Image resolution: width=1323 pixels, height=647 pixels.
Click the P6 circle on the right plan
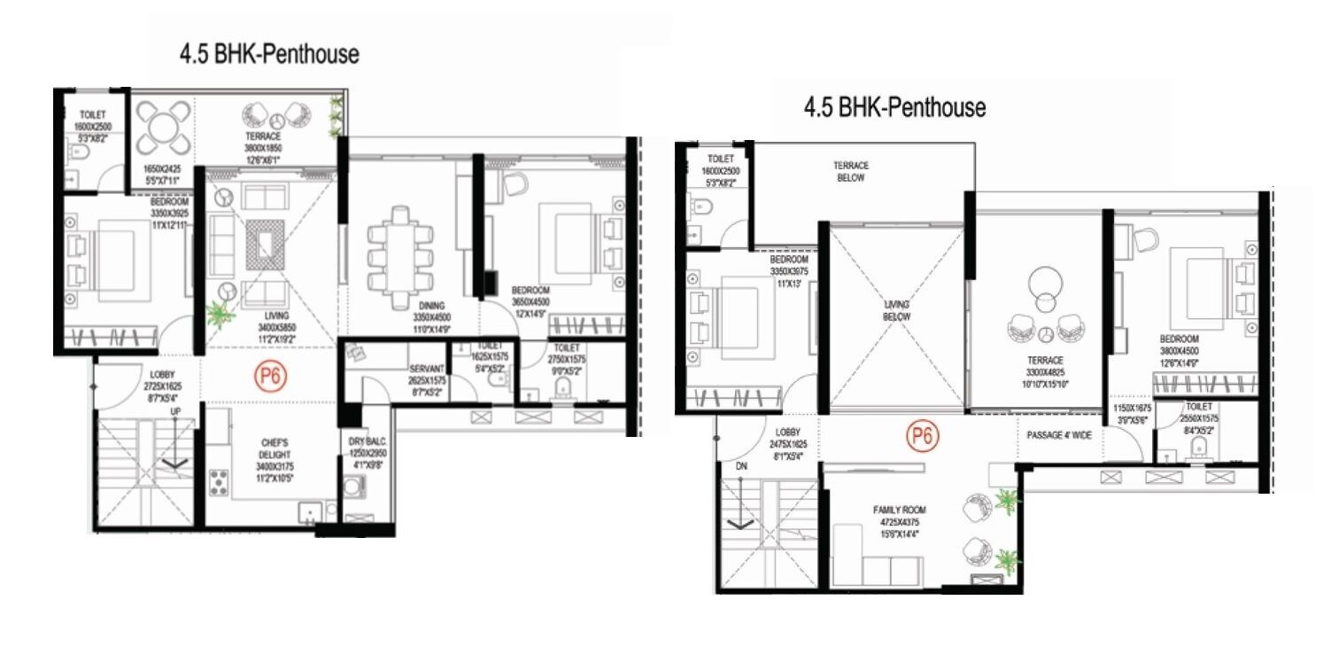[922, 435]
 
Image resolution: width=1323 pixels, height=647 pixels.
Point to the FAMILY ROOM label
[900, 510]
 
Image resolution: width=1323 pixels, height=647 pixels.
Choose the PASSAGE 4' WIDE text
[1058, 436]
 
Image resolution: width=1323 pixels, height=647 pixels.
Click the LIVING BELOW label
[896, 311]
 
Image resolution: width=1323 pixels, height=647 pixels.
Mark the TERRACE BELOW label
[851, 171]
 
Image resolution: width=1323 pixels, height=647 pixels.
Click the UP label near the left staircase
[175, 412]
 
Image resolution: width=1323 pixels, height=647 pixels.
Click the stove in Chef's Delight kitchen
[217, 484]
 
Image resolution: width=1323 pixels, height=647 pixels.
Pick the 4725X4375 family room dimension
[900, 522]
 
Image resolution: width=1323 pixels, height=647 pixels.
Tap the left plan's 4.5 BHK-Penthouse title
[269, 54]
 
